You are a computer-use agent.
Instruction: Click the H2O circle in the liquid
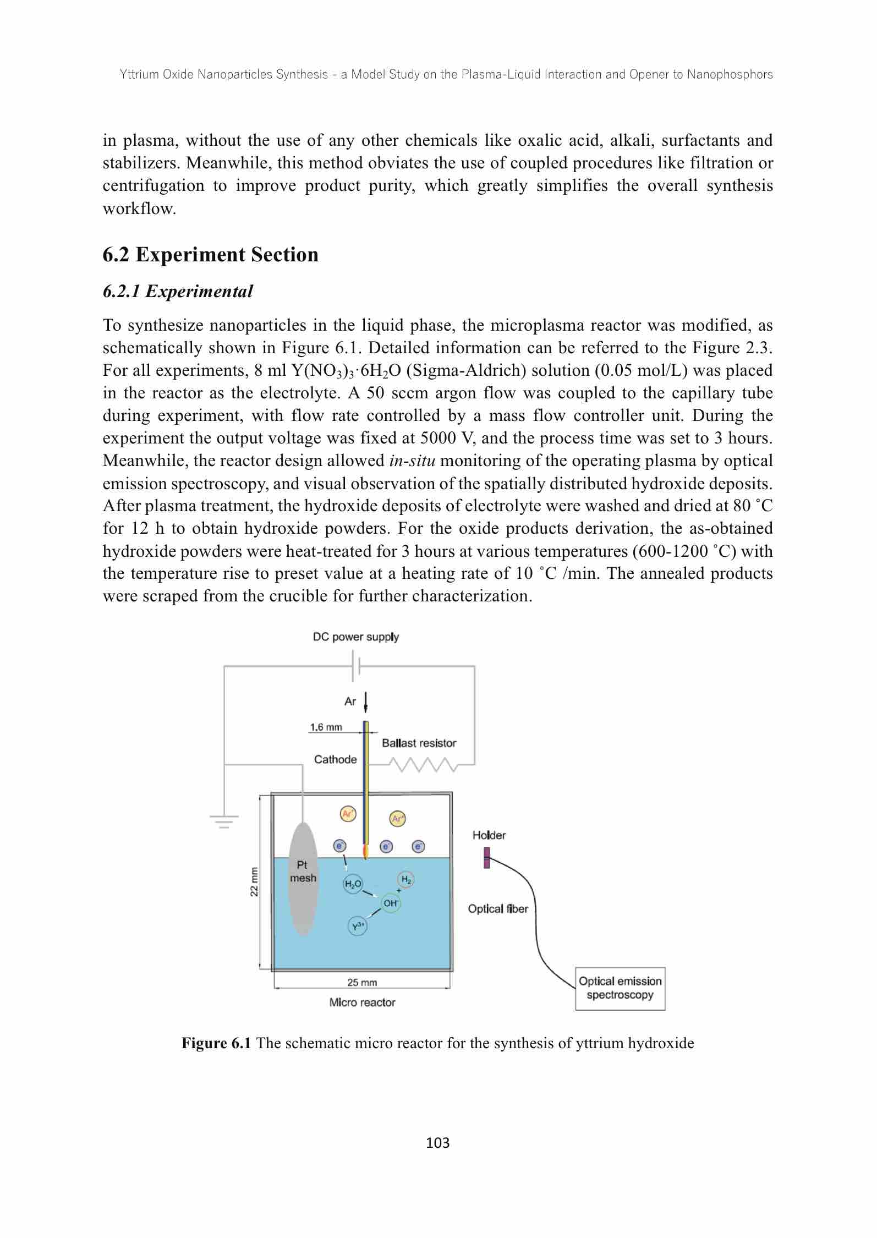click(x=353, y=884)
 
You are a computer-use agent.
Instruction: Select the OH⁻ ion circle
click(x=391, y=903)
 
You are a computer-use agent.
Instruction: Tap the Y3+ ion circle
click(x=358, y=927)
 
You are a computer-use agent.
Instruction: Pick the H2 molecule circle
click(x=406, y=880)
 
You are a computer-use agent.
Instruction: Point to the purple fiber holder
click(x=487, y=858)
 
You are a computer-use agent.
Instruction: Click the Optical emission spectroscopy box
click(x=620, y=988)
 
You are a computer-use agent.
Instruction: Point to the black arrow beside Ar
click(x=366, y=702)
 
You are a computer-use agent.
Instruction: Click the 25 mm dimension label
click(x=362, y=982)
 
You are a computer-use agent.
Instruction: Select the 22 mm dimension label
click(x=254, y=881)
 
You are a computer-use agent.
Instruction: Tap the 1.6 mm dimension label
click(x=326, y=727)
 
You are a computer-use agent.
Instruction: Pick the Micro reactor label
click(x=362, y=1003)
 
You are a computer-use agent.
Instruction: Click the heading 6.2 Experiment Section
click(x=211, y=255)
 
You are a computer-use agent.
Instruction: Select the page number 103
click(x=438, y=1143)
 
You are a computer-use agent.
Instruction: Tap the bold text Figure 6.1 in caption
click(x=216, y=1043)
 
